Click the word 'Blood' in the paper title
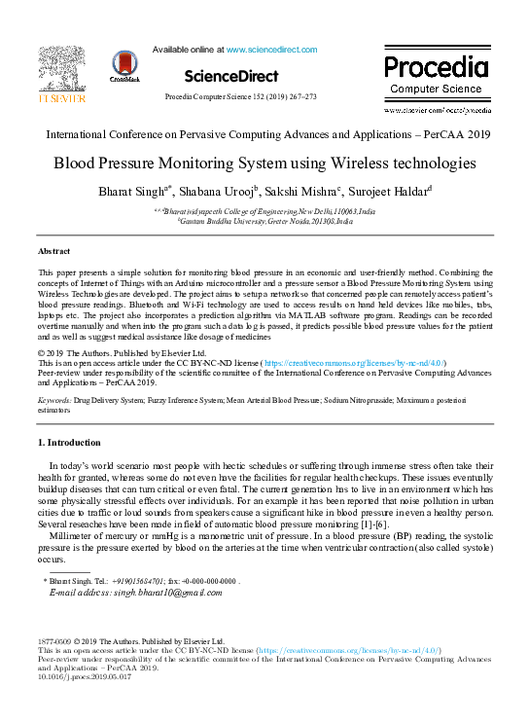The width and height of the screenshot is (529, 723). point(76,163)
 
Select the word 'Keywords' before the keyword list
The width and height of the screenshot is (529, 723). point(54,400)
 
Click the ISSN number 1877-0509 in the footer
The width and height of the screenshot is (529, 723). point(53,643)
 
